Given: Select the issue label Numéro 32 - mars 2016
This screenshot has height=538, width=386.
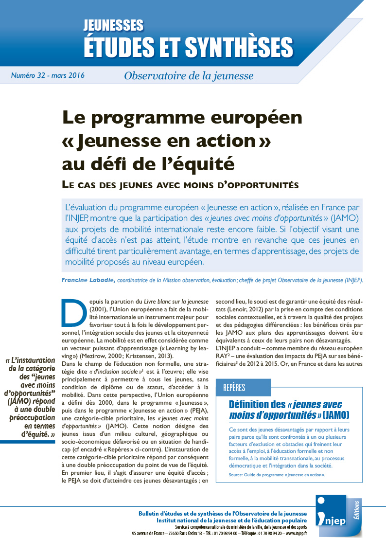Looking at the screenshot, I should [x=48, y=75].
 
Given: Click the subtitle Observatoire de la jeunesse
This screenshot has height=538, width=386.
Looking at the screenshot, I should [x=188, y=75].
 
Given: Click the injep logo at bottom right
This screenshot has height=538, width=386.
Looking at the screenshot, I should [x=329, y=517].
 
